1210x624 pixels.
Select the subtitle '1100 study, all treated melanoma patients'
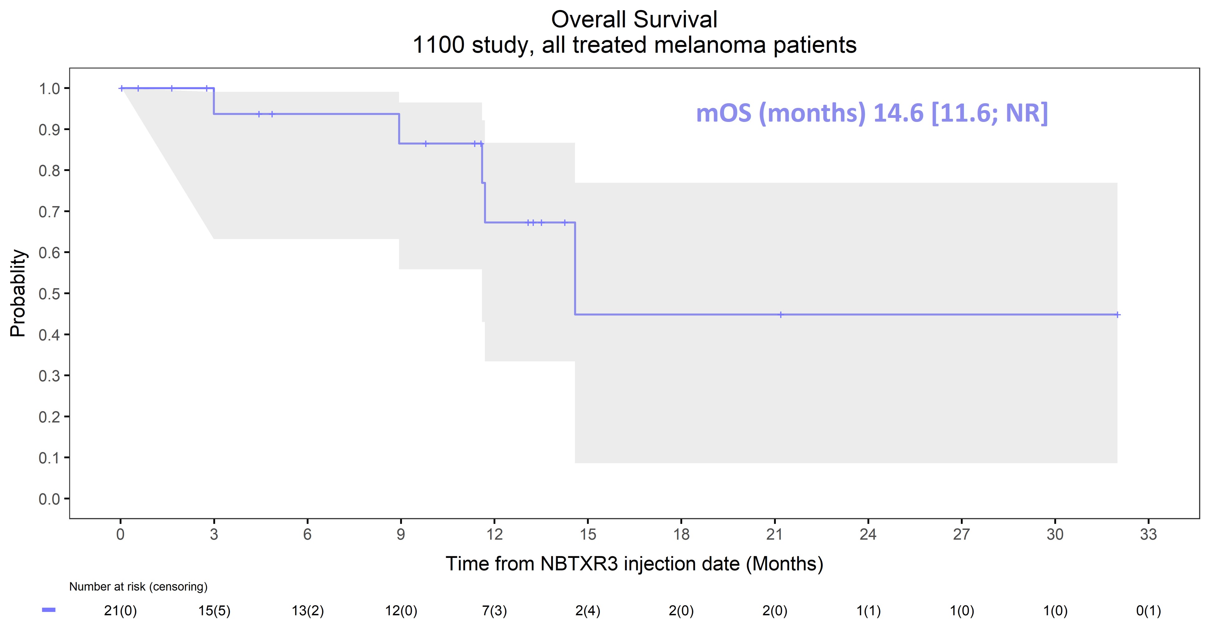pyautogui.click(x=634, y=46)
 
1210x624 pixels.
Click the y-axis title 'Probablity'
pyautogui.click(x=18, y=293)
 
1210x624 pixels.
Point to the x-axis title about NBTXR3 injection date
pyautogui.click(x=634, y=564)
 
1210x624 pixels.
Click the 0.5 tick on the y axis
pyautogui.click(x=49, y=293)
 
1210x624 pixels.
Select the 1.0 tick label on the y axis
pyautogui.click(x=49, y=88)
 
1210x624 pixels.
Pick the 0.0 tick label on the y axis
pyautogui.click(x=49, y=499)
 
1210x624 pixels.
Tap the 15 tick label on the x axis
pyautogui.click(x=588, y=534)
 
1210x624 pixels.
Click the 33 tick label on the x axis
pyautogui.click(x=1149, y=534)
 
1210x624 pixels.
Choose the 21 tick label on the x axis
pyautogui.click(x=775, y=534)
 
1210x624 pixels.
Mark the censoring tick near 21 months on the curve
pyautogui.click(x=781, y=315)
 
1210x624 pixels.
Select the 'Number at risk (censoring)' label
pyautogui.click(x=138, y=587)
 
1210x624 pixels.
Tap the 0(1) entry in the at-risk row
pyautogui.click(x=1149, y=611)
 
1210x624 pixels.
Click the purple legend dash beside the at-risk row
pyautogui.click(x=49, y=610)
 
